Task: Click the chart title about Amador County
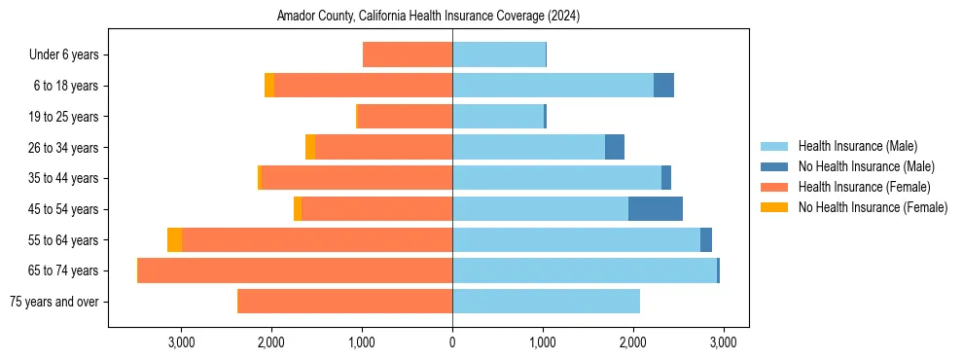[x=428, y=17]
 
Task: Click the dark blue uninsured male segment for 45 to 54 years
[x=655, y=209]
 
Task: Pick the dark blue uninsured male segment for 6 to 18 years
[x=663, y=86]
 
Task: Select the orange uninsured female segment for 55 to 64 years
[x=175, y=240]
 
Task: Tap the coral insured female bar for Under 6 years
[x=408, y=55]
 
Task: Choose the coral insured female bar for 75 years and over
[x=345, y=302]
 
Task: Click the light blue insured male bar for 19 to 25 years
[x=498, y=117]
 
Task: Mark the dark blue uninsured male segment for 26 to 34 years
[x=614, y=147]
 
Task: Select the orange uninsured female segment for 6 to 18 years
[x=269, y=86]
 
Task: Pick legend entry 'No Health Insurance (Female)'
[x=873, y=207]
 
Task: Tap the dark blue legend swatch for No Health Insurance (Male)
[x=774, y=166]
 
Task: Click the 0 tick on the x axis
[x=452, y=342]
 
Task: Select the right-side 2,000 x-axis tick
[x=633, y=342]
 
